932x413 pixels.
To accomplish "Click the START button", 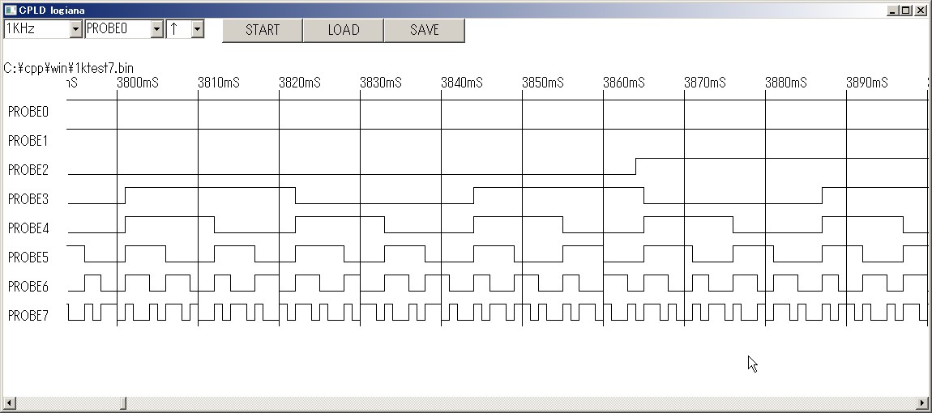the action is tap(262, 30).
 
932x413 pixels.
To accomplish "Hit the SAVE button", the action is tap(425, 30).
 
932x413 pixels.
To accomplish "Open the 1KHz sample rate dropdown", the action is tap(76, 29).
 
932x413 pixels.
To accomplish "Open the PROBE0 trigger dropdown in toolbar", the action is tap(157, 29).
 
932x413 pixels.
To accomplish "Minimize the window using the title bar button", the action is tap(893, 10).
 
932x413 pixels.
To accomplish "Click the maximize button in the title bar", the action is tap(906, 10).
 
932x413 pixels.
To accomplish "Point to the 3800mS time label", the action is tap(138, 83).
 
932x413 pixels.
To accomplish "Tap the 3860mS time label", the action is tap(624, 83).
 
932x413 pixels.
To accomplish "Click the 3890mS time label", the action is tap(867, 83).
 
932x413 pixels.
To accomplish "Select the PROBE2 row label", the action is tap(28, 170).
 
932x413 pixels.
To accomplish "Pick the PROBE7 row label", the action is tap(28, 316).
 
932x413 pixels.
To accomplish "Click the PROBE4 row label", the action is tap(28, 228).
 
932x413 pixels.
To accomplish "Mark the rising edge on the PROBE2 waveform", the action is tap(636, 166).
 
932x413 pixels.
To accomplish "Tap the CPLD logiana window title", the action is tap(51, 10).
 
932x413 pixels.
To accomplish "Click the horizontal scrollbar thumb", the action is tap(123, 403).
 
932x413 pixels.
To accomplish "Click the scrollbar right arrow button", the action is tap(926, 403).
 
